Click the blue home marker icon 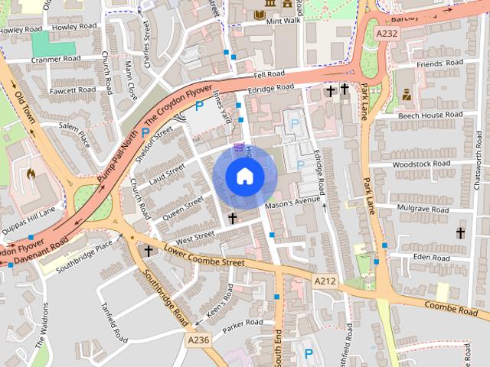[x=245, y=176]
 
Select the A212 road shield [x=325, y=281]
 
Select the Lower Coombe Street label [x=204, y=257]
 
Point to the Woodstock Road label [x=420, y=164]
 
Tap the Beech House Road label [x=430, y=115]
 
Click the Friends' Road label [x=439, y=63]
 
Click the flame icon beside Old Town [x=31, y=174]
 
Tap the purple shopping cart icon [x=239, y=147]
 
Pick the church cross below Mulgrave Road [x=460, y=232]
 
